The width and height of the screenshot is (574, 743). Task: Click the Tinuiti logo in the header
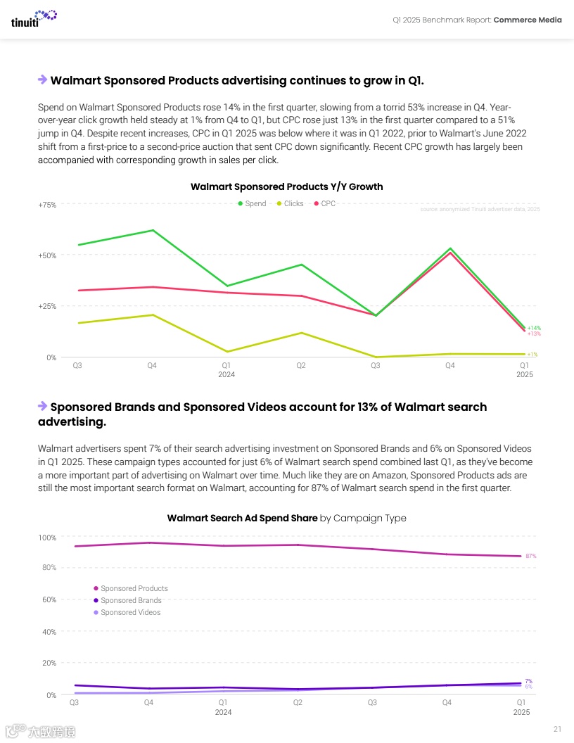[x=34, y=18]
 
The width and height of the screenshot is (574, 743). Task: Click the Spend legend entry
[x=252, y=203]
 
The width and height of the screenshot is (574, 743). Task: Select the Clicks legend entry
[x=290, y=203]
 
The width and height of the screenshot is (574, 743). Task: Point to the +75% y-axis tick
[x=46, y=205]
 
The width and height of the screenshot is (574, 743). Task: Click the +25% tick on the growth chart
[x=46, y=306]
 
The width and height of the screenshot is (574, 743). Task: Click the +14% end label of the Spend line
[x=534, y=328]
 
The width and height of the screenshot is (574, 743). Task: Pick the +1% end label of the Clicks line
[x=532, y=355]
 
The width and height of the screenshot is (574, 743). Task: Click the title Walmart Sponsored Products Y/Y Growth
[x=286, y=186]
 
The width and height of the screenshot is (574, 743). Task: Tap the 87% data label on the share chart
[x=531, y=556]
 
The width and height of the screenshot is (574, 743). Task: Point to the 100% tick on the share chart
[x=47, y=538]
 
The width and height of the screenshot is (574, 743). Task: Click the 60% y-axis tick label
[x=49, y=599]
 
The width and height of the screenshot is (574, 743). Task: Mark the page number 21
[x=557, y=728]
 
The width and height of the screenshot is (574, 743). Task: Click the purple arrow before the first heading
[x=42, y=80]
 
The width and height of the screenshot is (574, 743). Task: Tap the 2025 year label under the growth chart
[x=524, y=374]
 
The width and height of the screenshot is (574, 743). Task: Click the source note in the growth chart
[x=480, y=209]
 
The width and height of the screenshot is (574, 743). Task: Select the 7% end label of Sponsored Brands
[x=528, y=681]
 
